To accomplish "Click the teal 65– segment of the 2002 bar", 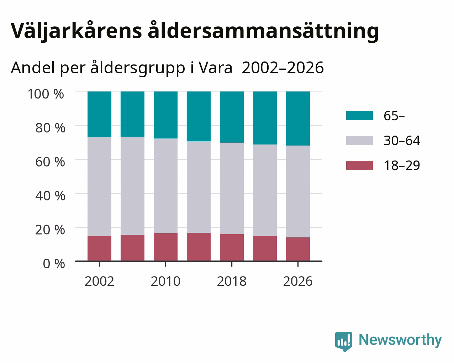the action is click(99, 114).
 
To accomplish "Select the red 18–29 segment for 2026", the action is click(298, 249).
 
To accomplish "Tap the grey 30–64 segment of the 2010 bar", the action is click(165, 186).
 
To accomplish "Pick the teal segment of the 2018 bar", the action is click(232, 117).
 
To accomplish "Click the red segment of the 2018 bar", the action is click(232, 248).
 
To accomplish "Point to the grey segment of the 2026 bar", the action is click(298, 191).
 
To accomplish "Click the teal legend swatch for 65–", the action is click(359, 116).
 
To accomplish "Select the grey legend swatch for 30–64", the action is click(359, 141).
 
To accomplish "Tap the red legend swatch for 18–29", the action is click(359, 165).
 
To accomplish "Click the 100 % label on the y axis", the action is click(46, 94).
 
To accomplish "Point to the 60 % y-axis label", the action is click(50, 162).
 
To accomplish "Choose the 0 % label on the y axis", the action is click(54, 264).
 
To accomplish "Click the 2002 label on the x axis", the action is click(99, 281).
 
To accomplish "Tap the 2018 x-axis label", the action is click(232, 281).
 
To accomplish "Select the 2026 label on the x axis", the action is click(298, 281).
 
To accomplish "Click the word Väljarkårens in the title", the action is click(76, 31).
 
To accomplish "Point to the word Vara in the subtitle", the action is click(215, 68).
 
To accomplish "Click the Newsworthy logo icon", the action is click(344, 342).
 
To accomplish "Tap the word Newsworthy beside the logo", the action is click(400, 340).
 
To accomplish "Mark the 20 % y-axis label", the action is click(50, 230).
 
